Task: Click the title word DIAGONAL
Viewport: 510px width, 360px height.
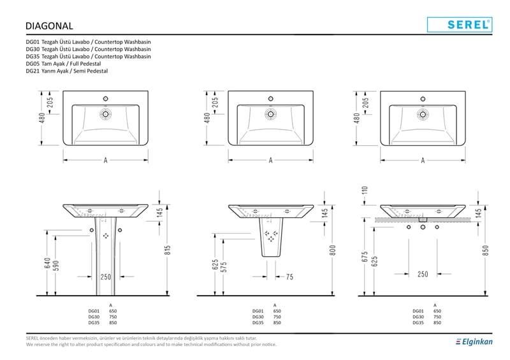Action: click(48, 26)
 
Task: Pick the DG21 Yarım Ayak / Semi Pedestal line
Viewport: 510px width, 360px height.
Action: click(67, 71)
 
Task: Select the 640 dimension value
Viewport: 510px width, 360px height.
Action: click(47, 263)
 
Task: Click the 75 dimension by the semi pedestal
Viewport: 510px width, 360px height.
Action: click(289, 277)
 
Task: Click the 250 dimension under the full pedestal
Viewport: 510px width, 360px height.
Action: click(105, 277)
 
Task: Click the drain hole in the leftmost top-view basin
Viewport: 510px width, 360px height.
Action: click(105, 115)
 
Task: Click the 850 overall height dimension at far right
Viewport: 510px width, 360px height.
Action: click(486, 250)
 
